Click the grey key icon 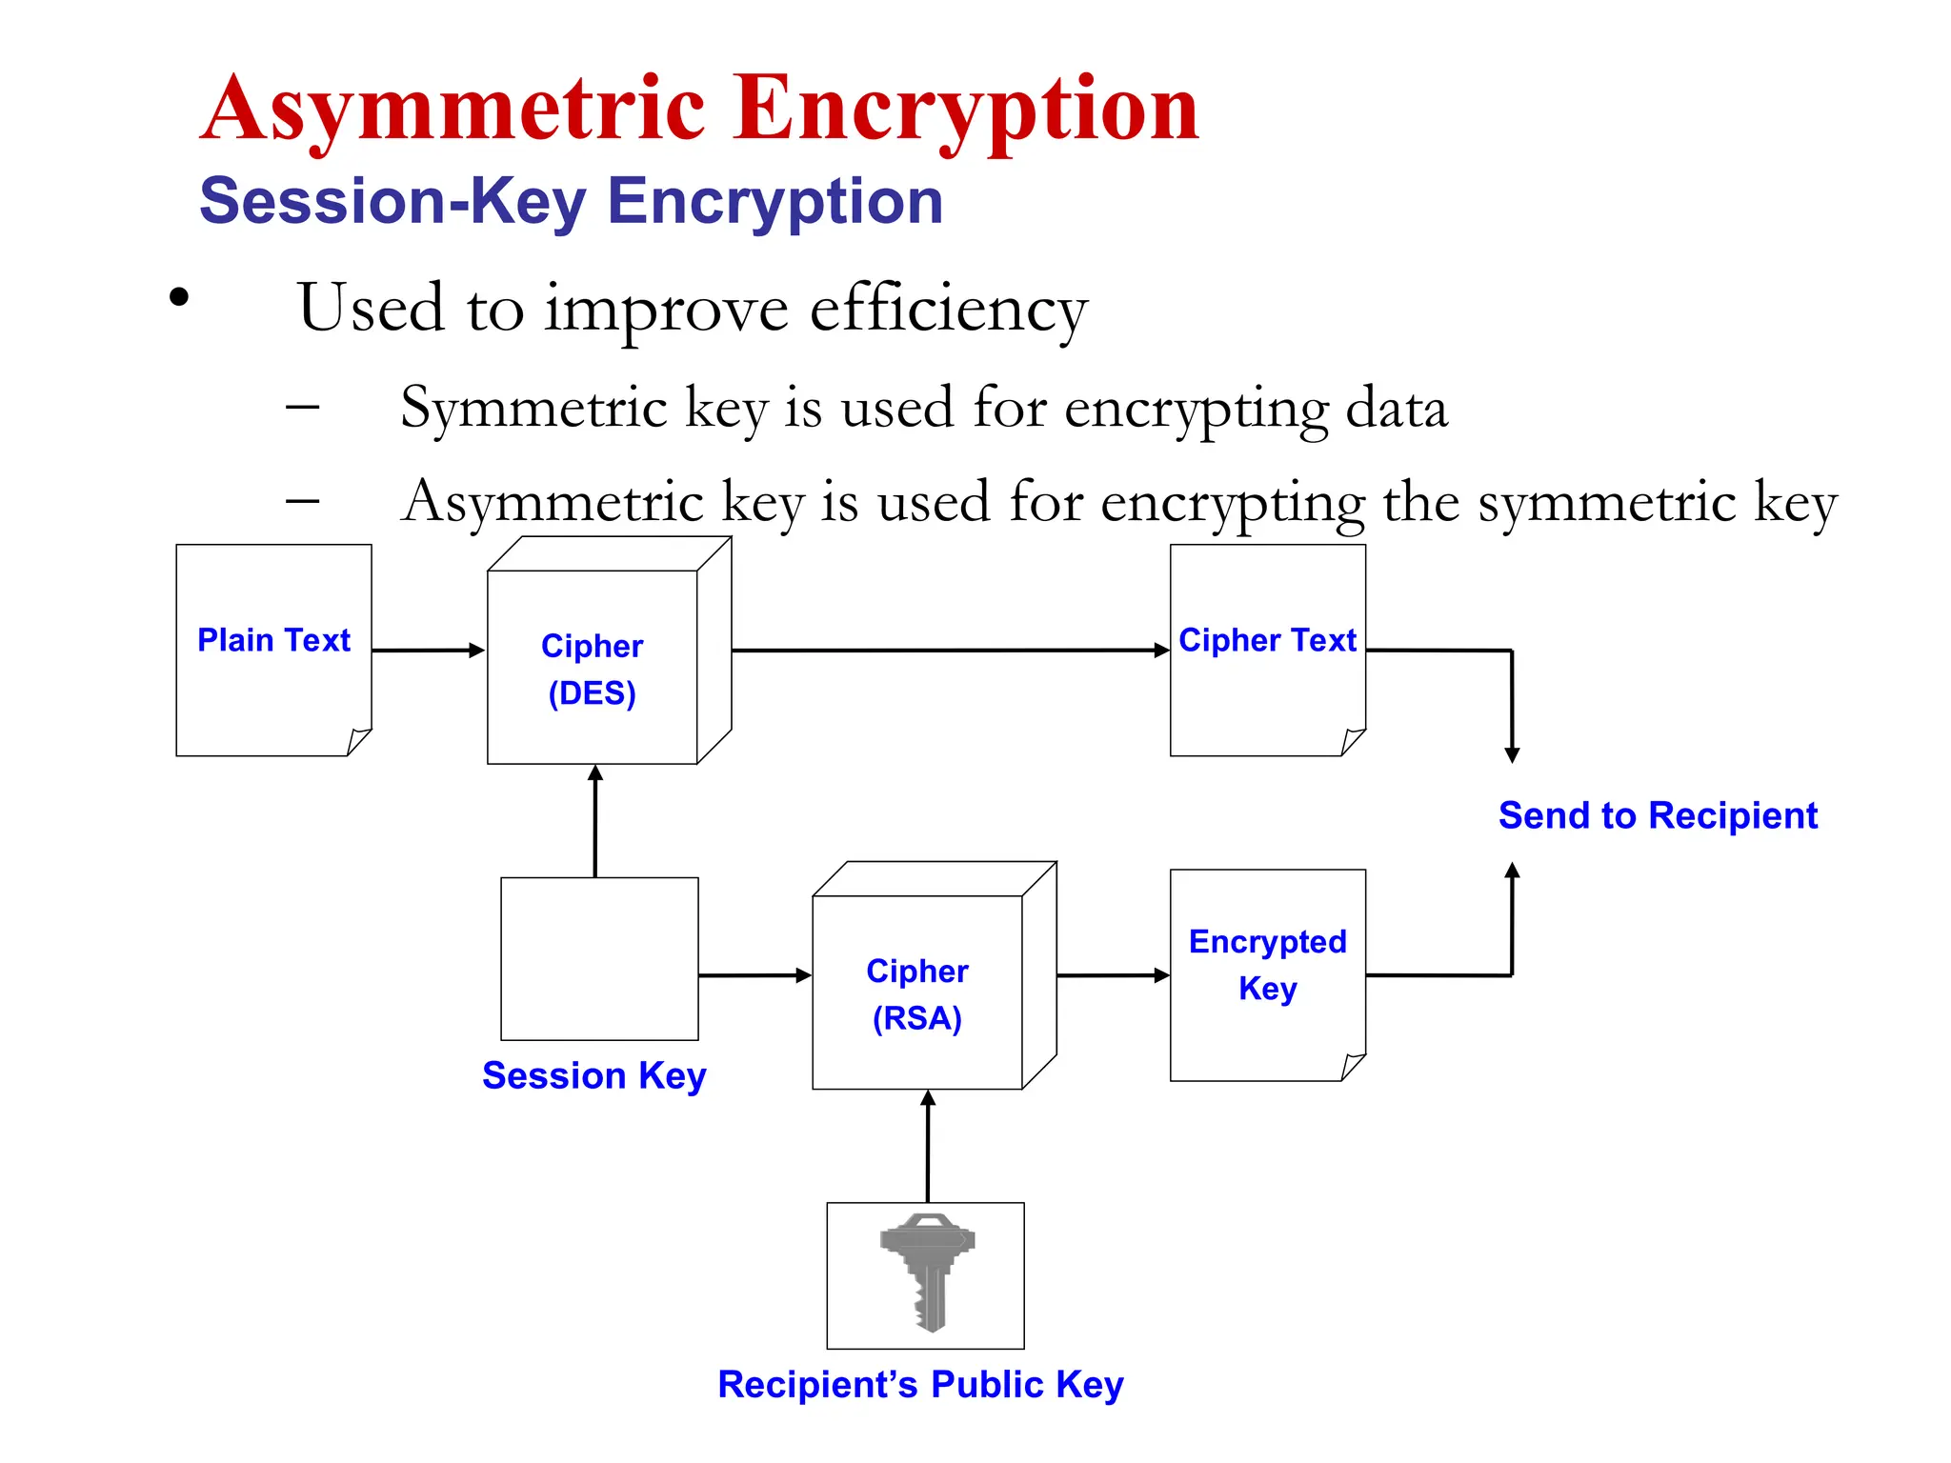pyautogui.click(x=927, y=1271)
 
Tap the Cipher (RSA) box pyautogui.click(x=917, y=993)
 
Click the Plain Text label pyautogui.click(x=273, y=640)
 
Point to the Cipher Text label pyautogui.click(x=1267, y=640)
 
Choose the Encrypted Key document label pyautogui.click(x=1267, y=964)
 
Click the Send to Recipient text pyautogui.click(x=1658, y=815)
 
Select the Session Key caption pyautogui.click(x=594, y=1075)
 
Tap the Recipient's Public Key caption pyautogui.click(x=920, y=1384)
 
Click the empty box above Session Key pyautogui.click(x=599, y=958)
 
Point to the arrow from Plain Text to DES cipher pyautogui.click(x=428, y=651)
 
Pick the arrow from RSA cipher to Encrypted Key pyautogui.click(x=1113, y=975)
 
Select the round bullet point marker pyautogui.click(x=179, y=297)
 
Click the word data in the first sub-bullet pyautogui.click(x=1396, y=408)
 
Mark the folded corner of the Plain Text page pyautogui.click(x=359, y=741)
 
